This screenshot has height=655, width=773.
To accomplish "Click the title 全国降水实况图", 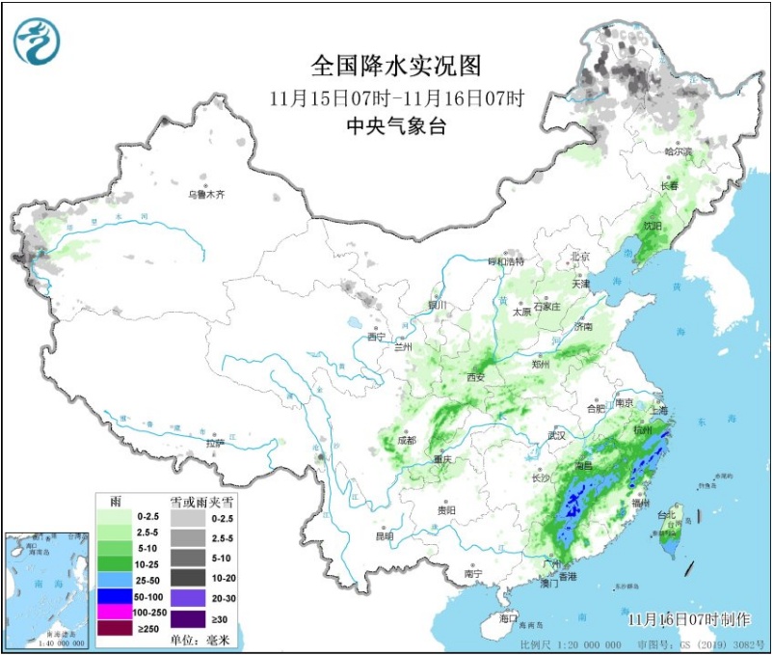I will coord(395,66).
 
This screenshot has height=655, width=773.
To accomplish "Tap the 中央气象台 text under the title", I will coord(395,125).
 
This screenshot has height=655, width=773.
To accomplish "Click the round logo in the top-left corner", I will coord(37,41).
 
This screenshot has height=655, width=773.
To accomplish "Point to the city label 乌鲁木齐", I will coord(205,194).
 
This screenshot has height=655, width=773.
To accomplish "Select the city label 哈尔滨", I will coord(679,151).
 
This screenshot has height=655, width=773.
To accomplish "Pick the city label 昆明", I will coord(385,535).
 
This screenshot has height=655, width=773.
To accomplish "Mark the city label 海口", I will coord(509,617).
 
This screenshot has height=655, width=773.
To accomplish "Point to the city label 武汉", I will coord(556,435).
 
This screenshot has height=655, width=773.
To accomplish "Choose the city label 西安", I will coord(477,377).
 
